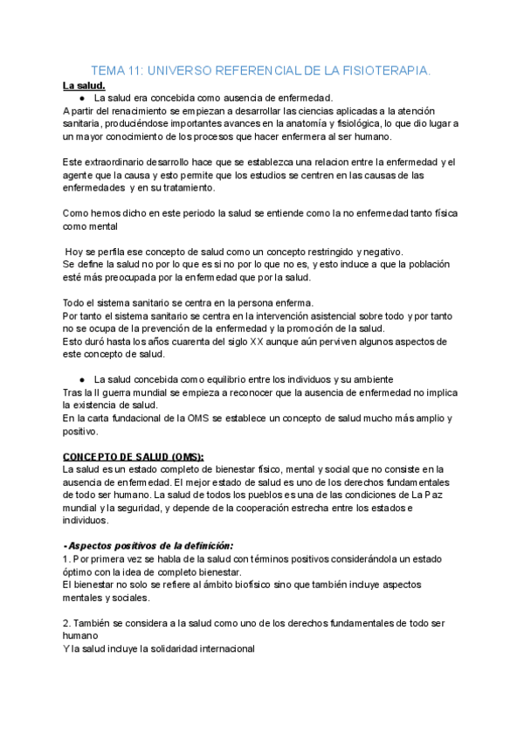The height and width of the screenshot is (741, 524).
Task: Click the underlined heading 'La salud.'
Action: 84,86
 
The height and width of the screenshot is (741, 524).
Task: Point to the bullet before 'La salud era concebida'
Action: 80,99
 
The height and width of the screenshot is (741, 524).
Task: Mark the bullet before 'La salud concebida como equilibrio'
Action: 80,379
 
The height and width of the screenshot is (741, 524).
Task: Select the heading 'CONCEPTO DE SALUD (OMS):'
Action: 134,456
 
